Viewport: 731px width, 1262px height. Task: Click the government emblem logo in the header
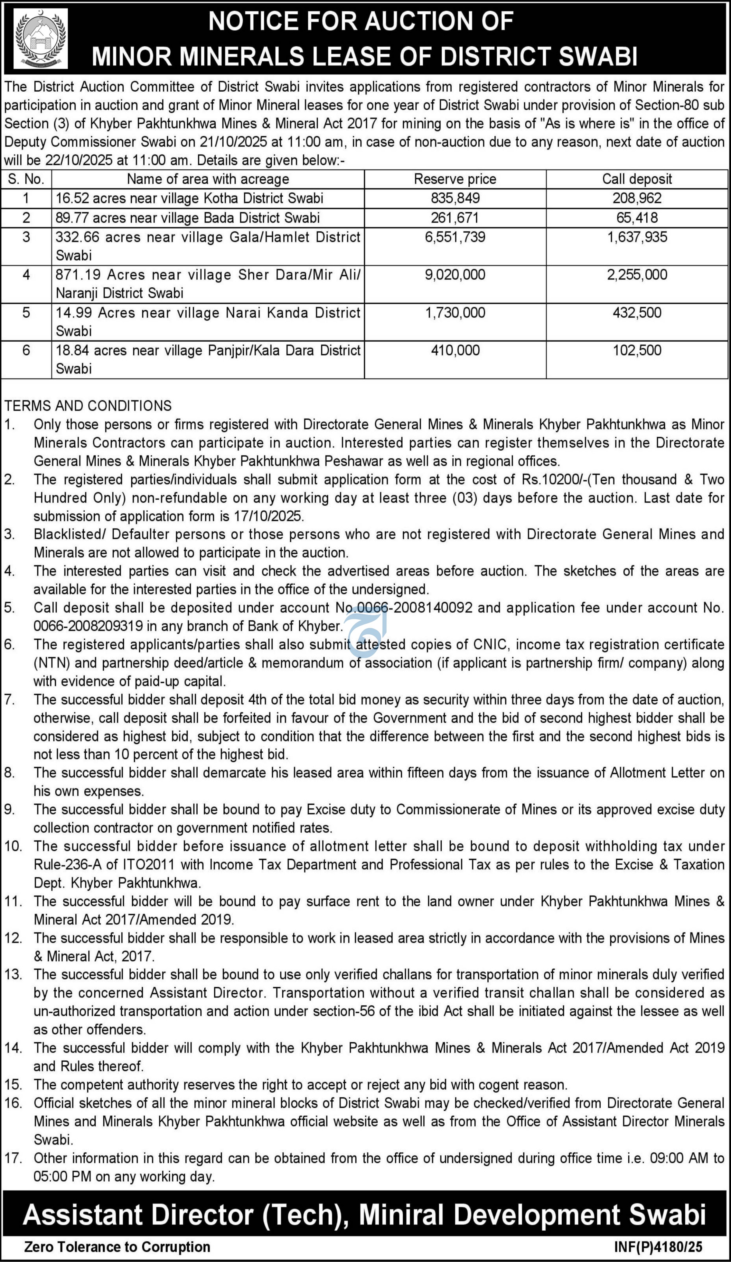pyautogui.click(x=41, y=39)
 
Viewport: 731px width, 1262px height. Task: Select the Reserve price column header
pyautogui.click(x=455, y=179)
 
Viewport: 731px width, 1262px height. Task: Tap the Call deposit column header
pyautogui.click(x=637, y=179)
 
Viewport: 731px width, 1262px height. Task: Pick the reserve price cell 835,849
pyautogui.click(x=455, y=198)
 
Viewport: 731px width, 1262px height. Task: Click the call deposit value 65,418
pyautogui.click(x=637, y=218)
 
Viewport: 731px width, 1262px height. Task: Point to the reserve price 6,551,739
pyautogui.click(x=455, y=237)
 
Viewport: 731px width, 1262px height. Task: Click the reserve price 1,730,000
pyautogui.click(x=455, y=313)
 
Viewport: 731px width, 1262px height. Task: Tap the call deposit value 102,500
pyautogui.click(x=637, y=351)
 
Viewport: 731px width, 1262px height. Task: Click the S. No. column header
pyautogui.click(x=26, y=179)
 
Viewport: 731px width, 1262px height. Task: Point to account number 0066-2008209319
pyautogui.click(x=88, y=626)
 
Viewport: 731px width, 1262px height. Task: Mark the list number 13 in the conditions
pyautogui.click(x=13, y=975)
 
